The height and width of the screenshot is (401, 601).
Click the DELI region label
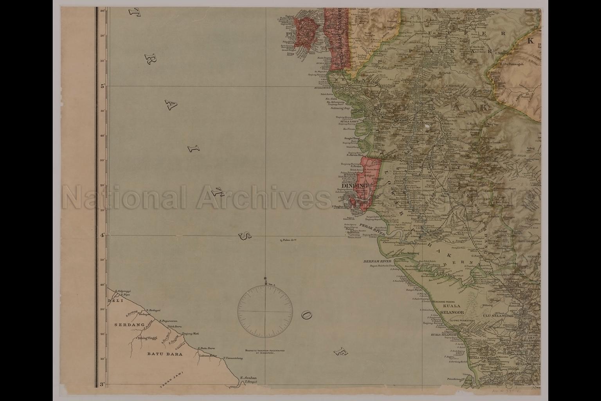click(115, 301)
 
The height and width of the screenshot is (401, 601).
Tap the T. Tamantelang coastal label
click(231, 358)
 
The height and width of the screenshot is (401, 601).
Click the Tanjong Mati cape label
click(191, 333)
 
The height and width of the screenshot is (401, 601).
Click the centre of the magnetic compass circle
click(265, 311)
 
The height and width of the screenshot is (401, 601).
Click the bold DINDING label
click(354, 186)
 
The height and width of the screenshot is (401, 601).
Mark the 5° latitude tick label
click(102, 86)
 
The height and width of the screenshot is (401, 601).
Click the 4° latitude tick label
click(102, 235)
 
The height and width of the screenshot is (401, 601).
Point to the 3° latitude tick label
click(102, 385)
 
